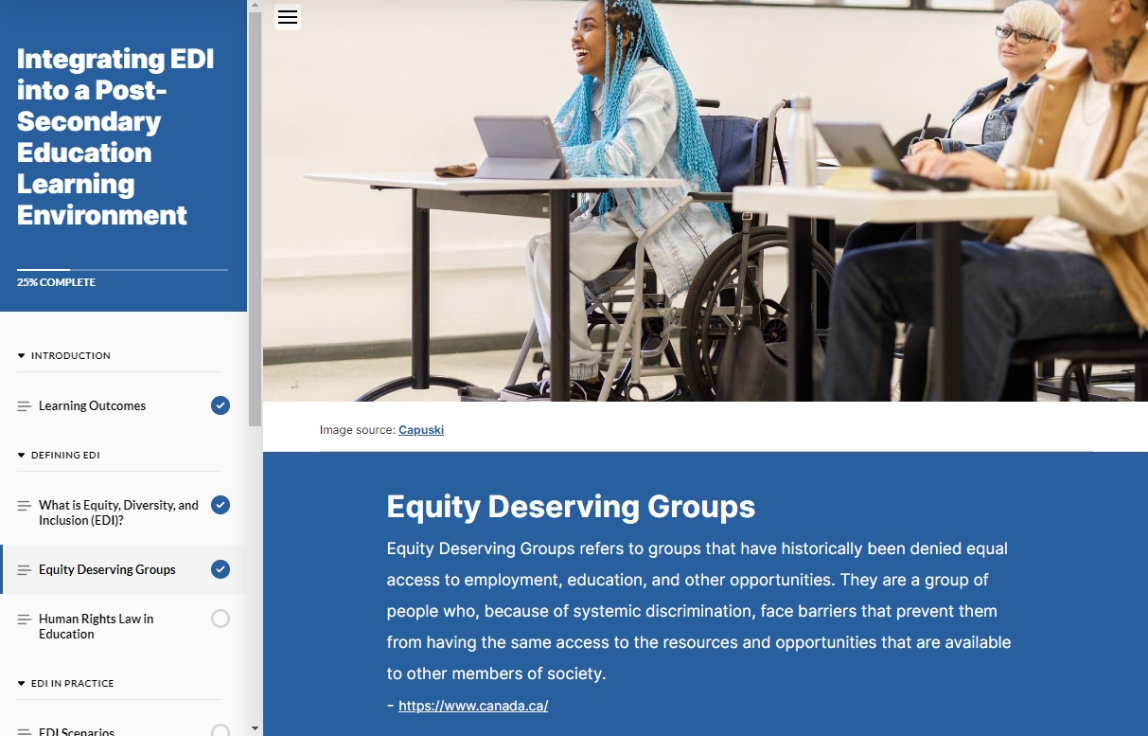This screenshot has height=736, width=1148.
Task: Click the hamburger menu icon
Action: pyautogui.click(x=288, y=17)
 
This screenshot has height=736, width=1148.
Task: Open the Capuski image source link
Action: pyautogui.click(x=421, y=430)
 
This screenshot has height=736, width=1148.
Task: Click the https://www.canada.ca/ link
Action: pyautogui.click(x=473, y=706)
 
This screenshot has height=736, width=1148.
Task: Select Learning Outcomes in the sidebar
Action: pyautogui.click(x=92, y=405)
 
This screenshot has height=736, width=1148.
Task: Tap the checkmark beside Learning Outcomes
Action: pyautogui.click(x=221, y=405)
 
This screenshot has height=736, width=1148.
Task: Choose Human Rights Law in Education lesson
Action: pyautogui.click(x=96, y=626)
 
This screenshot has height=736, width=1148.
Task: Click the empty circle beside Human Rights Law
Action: pyautogui.click(x=221, y=619)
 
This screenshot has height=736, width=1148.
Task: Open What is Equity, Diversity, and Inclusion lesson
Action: pyautogui.click(x=118, y=512)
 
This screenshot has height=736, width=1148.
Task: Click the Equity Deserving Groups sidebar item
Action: pyautogui.click(x=107, y=569)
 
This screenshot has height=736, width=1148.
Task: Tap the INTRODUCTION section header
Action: pyautogui.click(x=70, y=356)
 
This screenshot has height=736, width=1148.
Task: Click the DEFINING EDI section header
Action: pyautogui.click(x=64, y=456)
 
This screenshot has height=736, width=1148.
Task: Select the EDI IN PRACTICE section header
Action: pyautogui.click(x=72, y=684)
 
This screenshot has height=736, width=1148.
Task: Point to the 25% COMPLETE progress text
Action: pyautogui.click(x=56, y=282)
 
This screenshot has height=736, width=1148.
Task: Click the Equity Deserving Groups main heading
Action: pyautogui.click(x=571, y=507)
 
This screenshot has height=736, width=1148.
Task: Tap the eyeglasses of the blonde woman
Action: pyautogui.click(x=1017, y=35)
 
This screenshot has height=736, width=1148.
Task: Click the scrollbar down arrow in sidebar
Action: pyautogui.click(x=255, y=728)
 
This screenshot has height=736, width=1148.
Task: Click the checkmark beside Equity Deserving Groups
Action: pyautogui.click(x=221, y=569)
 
